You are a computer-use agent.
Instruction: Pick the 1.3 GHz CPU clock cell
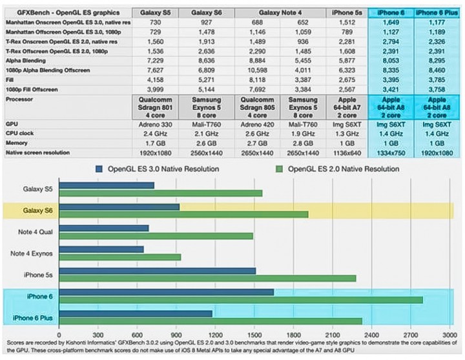(342, 132)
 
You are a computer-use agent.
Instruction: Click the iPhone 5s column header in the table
(342, 12)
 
